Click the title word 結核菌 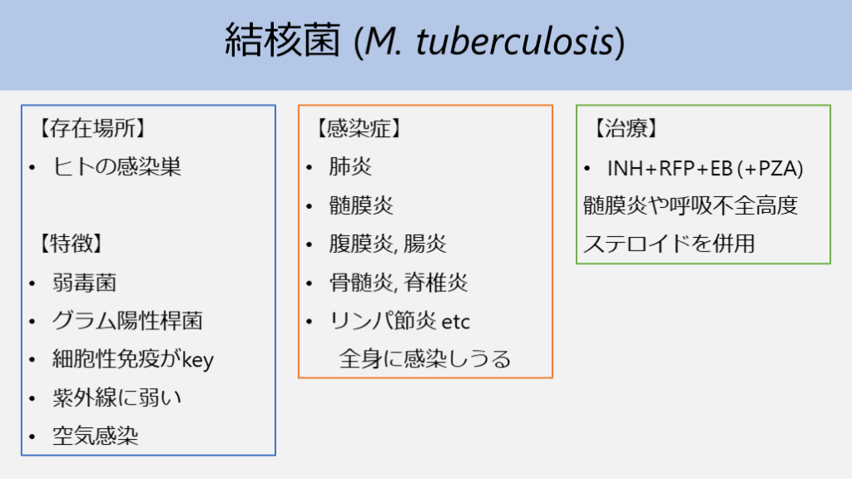pyautogui.click(x=283, y=40)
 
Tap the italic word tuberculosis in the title pyautogui.click(x=514, y=42)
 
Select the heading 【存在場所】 pyautogui.click(x=92, y=128)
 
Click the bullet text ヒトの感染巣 pyautogui.click(x=116, y=166)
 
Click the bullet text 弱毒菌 pyautogui.click(x=84, y=283)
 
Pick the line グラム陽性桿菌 pyautogui.click(x=127, y=320)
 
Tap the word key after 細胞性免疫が pyautogui.click(x=198, y=360)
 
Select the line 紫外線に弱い pyautogui.click(x=116, y=398)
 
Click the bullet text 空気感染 pyautogui.click(x=95, y=436)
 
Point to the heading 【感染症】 pyautogui.click(x=359, y=128)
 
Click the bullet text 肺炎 pyautogui.click(x=350, y=166)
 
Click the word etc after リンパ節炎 pyautogui.click(x=455, y=322)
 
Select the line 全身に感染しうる pyautogui.click(x=425, y=359)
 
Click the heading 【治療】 pyautogui.click(x=626, y=128)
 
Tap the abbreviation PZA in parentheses pyautogui.click(x=777, y=168)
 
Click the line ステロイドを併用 pyautogui.click(x=669, y=244)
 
